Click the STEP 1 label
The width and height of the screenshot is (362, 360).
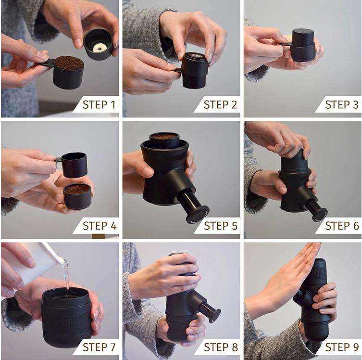[x=99, y=104]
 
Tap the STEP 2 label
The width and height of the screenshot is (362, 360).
[x=220, y=104]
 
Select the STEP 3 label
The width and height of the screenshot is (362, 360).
[x=341, y=104]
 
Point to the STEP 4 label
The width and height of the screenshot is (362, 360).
[x=99, y=226]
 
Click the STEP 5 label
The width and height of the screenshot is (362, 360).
[x=220, y=226]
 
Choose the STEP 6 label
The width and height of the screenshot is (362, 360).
[x=341, y=226]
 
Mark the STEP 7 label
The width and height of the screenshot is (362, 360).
[x=99, y=347]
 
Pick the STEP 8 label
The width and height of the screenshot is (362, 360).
[x=220, y=347]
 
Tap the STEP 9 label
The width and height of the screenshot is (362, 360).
[x=341, y=347]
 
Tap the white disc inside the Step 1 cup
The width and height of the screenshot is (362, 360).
[x=100, y=47]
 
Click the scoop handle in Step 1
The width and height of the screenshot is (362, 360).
[x=46, y=62]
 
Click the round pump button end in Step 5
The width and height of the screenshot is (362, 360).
[x=198, y=213]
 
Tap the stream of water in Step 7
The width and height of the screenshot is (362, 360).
[x=66, y=274]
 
